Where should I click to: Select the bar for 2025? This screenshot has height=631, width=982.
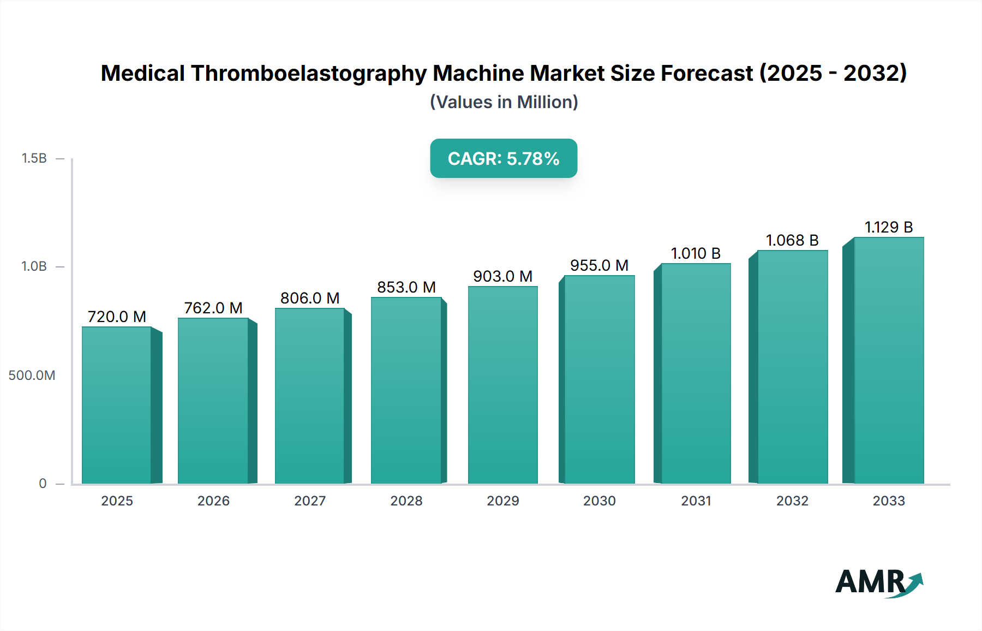(117, 405)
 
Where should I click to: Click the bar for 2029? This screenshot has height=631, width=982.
(502, 385)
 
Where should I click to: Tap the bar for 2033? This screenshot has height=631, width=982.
(888, 360)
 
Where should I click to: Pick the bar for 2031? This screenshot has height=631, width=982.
(695, 373)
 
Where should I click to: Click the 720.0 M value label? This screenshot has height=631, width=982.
(117, 317)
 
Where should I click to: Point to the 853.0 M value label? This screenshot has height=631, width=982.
(406, 287)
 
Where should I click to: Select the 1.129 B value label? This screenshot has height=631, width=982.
(888, 227)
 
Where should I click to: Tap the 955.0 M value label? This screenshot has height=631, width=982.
(599, 265)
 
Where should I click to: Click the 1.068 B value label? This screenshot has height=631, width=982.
(792, 240)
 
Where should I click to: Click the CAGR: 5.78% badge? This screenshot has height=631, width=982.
(504, 158)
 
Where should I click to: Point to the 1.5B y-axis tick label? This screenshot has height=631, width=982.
(34, 158)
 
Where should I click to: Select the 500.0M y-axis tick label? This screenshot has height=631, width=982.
(32, 376)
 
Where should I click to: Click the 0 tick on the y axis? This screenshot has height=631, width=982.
(43, 484)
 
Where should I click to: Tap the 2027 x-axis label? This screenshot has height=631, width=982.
(310, 501)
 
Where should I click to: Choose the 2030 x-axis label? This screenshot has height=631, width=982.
(599, 501)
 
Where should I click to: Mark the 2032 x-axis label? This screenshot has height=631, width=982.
(792, 501)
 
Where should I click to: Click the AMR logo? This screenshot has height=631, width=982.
(878, 582)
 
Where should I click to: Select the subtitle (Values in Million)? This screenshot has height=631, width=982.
(504, 102)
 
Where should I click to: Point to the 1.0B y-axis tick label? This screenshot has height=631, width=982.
(34, 266)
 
